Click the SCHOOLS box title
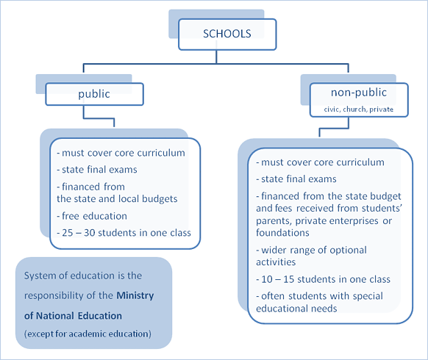tap(227, 34)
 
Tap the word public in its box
tap(94, 94)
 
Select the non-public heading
tap(359, 93)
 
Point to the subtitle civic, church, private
tap(359, 109)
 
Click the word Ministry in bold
tap(135, 296)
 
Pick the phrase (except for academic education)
tap(88, 334)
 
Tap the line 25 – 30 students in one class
tap(124, 233)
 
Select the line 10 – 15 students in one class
tap(323, 279)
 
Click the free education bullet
tap(92, 216)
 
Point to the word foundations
tap(282, 233)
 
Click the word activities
tap(276, 262)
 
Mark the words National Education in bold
tap(79, 316)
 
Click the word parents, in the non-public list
tap(274, 221)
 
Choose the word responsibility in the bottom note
tap(54, 296)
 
